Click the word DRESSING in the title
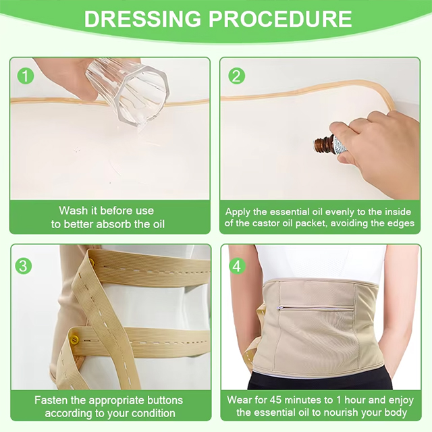142,19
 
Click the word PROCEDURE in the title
280,19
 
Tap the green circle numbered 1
26,76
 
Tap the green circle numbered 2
237,76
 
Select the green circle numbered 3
24,266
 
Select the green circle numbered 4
237,266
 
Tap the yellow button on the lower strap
74,340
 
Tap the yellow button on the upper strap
92,259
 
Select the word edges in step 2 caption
400,223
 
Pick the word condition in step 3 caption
153,413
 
